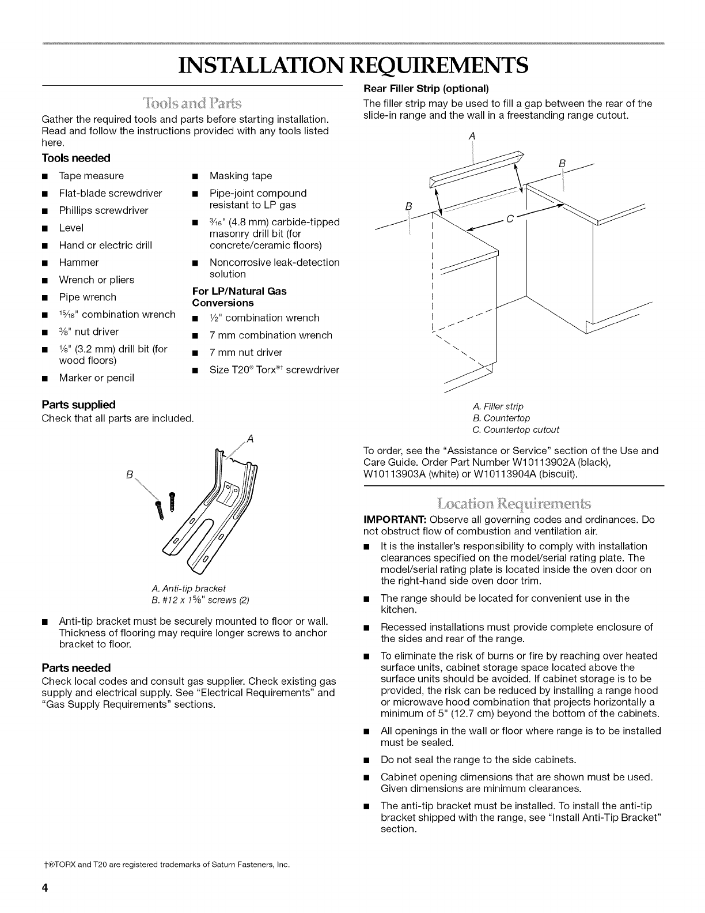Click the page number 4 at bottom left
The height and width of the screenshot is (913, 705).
[44, 887]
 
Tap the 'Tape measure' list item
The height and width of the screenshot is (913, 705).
[91, 176]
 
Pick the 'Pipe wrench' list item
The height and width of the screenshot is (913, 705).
[88, 297]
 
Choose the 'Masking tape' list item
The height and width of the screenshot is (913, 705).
[240, 176]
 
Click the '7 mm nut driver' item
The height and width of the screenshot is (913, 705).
[246, 352]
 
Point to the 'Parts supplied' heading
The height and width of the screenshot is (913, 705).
[78, 405]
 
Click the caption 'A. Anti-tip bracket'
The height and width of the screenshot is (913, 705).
[188, 588]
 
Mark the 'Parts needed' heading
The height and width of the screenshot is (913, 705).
[76, 668]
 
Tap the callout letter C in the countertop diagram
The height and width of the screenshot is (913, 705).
[509, 219]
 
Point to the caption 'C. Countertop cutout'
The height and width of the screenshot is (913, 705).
[515, 429]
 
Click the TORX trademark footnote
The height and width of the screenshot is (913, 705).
[165, 864]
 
